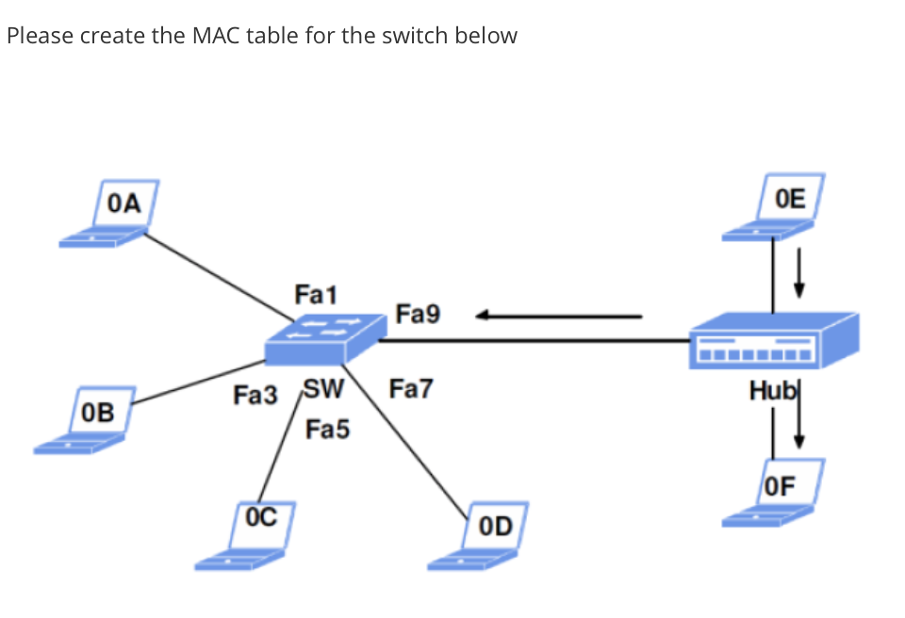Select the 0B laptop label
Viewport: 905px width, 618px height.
(x=98, y=412)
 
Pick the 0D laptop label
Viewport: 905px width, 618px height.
(x=495, y=525)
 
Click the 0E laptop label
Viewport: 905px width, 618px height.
(x=791, y=198)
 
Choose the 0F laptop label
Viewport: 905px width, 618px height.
(x=782, y=486)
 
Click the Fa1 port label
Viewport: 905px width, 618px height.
(x=312, y=295)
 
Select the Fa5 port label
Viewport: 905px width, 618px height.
(x=327, y=431)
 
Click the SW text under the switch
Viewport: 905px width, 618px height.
(x=322, y=388)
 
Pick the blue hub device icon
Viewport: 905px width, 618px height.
(x=773, y=340)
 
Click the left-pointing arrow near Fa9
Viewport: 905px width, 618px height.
(x=556, y=317)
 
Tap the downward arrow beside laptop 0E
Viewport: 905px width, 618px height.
(x=799, y=271)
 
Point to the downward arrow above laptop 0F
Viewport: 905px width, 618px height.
(x=799, y=424)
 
